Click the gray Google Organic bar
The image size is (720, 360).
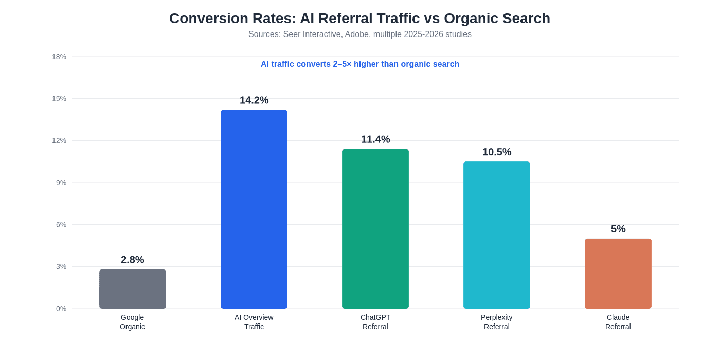coord(133,289)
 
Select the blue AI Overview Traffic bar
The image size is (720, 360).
coord(254,209)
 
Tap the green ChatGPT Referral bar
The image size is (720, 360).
coord(375,229)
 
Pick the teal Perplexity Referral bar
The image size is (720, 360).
coord(497,235)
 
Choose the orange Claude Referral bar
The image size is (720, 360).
coord(618,274)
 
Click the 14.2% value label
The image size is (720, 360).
coord(254,100)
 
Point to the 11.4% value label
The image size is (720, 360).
coord(375,139)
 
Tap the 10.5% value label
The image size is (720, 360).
coord(497,152)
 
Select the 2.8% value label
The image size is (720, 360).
coord(133,260)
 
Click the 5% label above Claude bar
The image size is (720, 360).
coord(618,229)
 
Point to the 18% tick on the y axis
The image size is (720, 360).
coord(59,57)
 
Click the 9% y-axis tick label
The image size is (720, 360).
coord(61,183)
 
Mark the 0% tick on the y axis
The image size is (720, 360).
coord(61,309)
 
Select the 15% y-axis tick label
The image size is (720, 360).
coord(59,99)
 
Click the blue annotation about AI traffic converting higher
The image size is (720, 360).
coord(360,64)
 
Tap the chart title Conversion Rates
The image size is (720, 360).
coord(360,19)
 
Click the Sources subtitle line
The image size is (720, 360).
coord(360,34)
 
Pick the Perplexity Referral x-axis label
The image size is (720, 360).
coord(497,322)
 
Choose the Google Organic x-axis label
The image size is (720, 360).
coord(133,322)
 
